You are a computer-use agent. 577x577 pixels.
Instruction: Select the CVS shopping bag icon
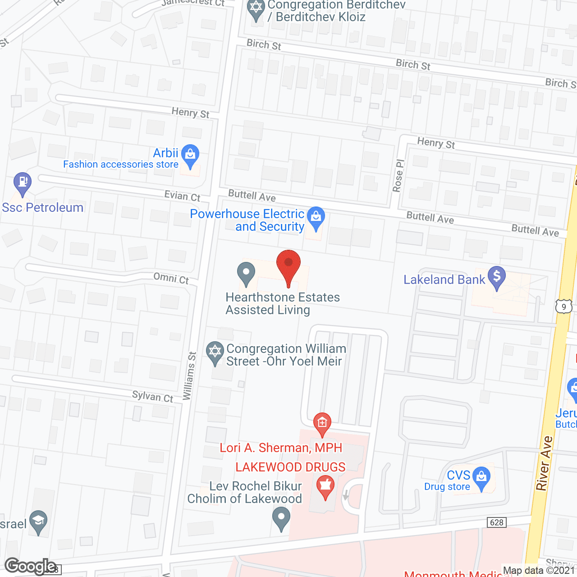point(482,476)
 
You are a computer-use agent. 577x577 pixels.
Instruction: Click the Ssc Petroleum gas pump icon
point(22,183)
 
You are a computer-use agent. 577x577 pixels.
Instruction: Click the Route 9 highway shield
point(563,307)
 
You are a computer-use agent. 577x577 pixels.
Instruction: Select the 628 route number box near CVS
point(496,522)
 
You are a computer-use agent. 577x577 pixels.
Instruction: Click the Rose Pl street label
point(398,176)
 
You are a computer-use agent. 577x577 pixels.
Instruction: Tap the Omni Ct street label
point(171,278)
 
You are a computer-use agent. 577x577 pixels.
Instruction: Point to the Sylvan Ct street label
point(152,396)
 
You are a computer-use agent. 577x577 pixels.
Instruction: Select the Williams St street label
point(189,376)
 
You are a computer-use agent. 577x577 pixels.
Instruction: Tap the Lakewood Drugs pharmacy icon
point(325,485)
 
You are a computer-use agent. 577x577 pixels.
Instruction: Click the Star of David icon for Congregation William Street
point(215,351)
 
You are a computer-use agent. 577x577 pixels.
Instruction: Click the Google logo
point(30,566)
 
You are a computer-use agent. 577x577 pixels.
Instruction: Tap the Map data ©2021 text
point(539,570)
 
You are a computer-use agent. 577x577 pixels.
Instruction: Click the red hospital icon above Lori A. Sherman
point(322,423)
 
